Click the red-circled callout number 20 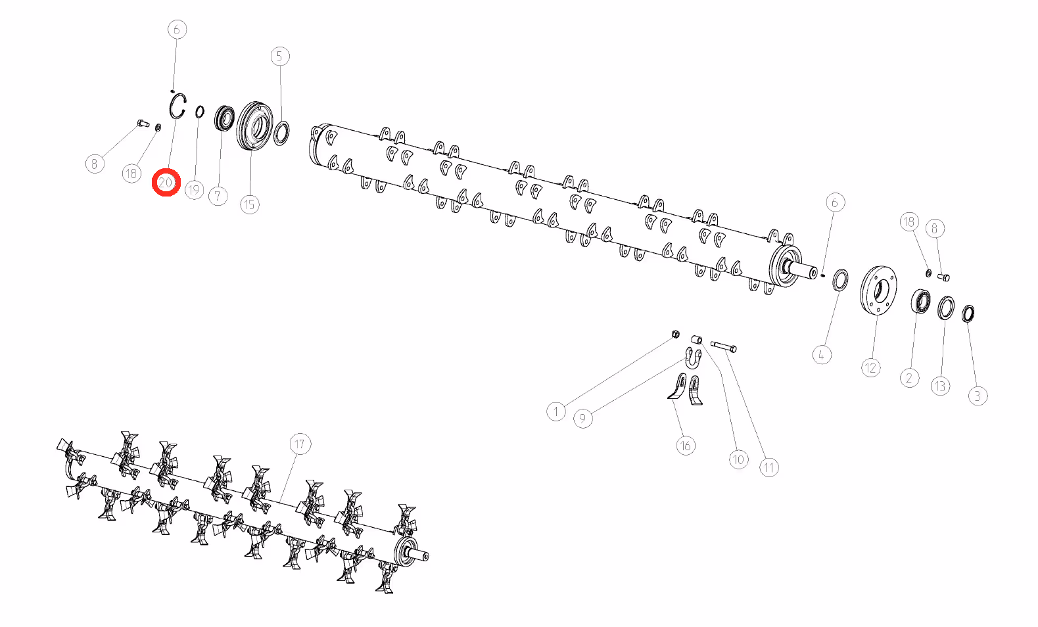click(x=166, y=183)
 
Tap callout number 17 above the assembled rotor click(x=300, y=444)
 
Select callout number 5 click(x=280, y=57)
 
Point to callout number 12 click(x=871, y=368)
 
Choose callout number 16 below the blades click(x=686, y=446)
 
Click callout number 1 click(x=556, y=411)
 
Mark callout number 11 click(x=769, y=467)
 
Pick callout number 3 click(x=978, y=396)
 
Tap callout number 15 click(x=250, y=204)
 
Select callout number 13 click(x=940, y=386)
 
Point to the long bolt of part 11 click(x=723, y=346)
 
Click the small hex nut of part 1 click(x=676, y=334)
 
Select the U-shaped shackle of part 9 click(x=693, y=358)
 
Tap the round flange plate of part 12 click(x=878, y=290)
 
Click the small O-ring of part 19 click(x=200, y=112)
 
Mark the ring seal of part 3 click(x=968, y=313)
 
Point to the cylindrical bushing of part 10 click(x=696, y=340)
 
